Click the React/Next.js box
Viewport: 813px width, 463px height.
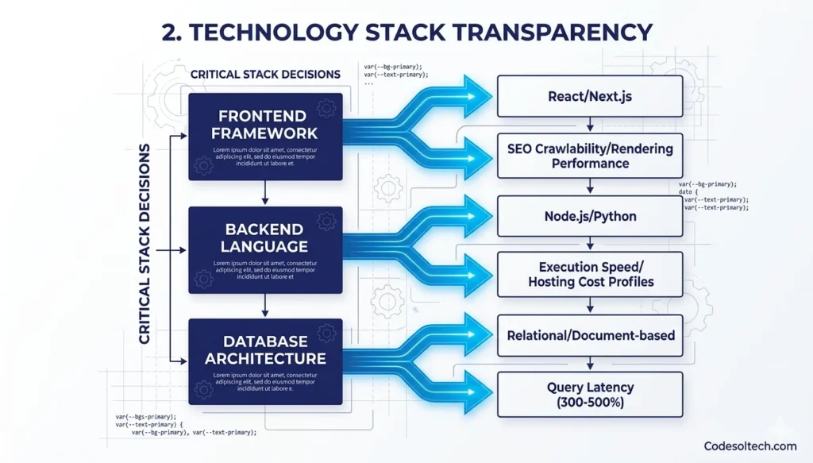pos(589,97)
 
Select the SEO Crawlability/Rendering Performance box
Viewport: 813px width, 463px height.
pos(589,156)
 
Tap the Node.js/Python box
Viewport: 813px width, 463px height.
pos(589,216)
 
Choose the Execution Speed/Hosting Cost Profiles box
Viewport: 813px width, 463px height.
pos(589,275)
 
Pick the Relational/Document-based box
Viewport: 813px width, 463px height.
pos(589,335)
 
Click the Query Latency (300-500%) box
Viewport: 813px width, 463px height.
pos(589,394)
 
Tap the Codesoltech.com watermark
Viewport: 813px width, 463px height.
pos(750,446)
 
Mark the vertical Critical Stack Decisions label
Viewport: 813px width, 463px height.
pos(144,245)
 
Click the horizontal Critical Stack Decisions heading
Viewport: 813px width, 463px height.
pos(265,75)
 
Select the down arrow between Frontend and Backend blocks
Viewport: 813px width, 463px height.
pos(265,194)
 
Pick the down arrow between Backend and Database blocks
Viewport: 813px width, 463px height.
pos(265,306)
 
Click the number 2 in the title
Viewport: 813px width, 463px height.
pos(168,33)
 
